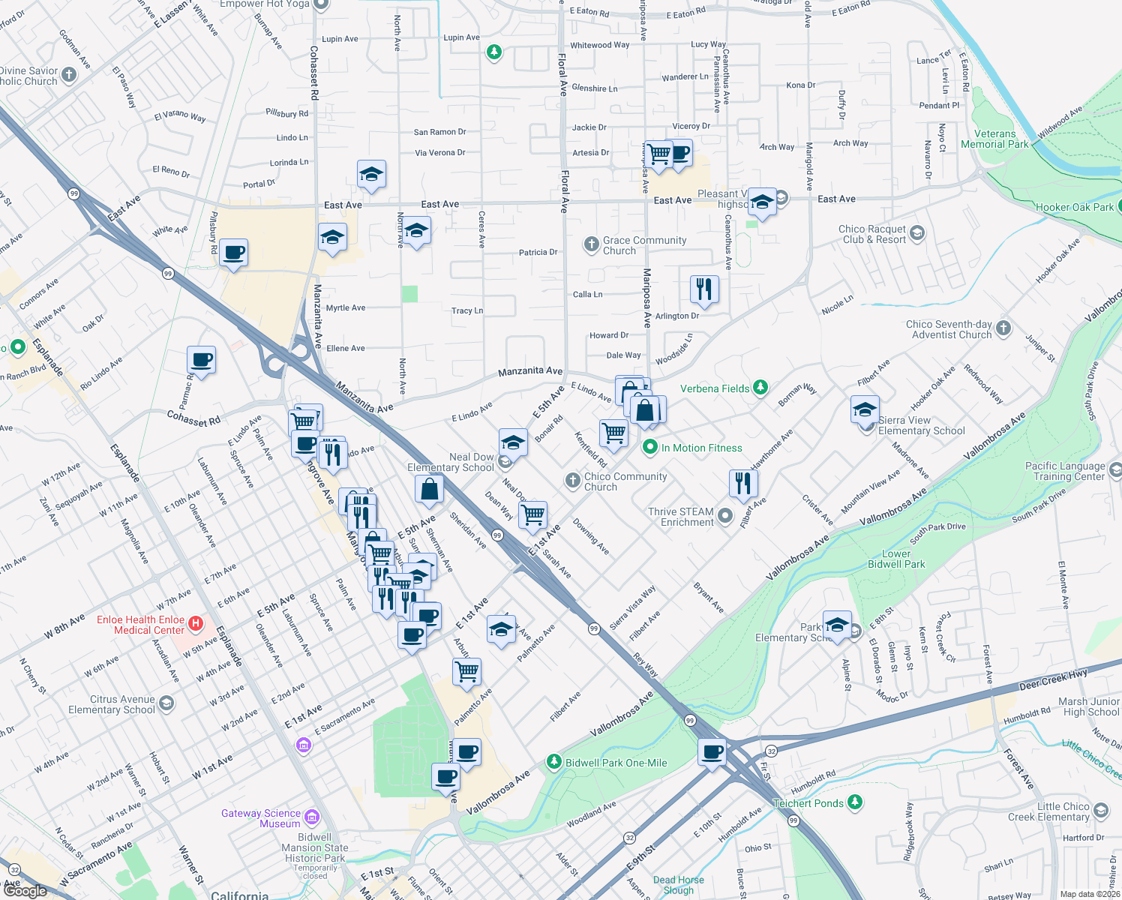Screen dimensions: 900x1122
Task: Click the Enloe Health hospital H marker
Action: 196,623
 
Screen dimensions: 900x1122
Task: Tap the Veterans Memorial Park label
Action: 994,139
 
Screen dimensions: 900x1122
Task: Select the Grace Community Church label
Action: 644,245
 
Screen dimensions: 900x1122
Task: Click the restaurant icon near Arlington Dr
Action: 704,288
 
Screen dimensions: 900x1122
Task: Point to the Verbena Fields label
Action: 715,388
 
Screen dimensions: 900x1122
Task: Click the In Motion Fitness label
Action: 701,448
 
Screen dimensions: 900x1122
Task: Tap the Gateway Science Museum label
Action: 261,818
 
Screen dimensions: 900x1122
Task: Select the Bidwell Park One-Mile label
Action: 616,763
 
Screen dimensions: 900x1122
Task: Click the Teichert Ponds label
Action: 808,803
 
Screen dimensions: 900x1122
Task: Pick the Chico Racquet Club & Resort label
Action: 872,234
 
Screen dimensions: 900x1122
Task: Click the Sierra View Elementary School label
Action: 921,425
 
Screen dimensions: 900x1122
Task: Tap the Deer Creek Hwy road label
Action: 1053,680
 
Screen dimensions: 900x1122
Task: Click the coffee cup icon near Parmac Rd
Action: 201,360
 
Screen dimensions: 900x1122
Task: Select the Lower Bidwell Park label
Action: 896,559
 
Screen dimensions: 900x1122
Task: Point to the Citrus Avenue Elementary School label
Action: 112,704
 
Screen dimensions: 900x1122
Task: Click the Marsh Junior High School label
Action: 1088,706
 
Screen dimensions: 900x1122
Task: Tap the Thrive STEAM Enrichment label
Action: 681,517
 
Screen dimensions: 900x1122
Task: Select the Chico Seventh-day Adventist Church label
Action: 949,329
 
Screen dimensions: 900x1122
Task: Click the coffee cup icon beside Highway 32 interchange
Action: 712,751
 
